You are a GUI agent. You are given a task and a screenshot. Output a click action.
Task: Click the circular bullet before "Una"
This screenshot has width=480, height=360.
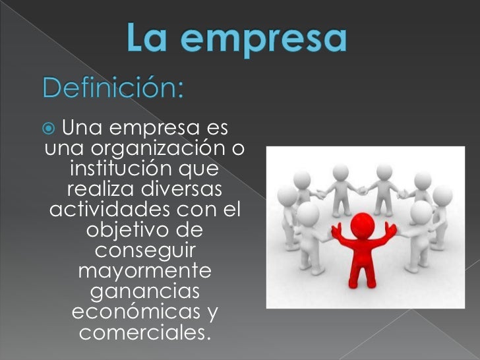(53, 127)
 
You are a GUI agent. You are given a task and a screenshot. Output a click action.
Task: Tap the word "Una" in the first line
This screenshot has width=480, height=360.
(84, 127)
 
